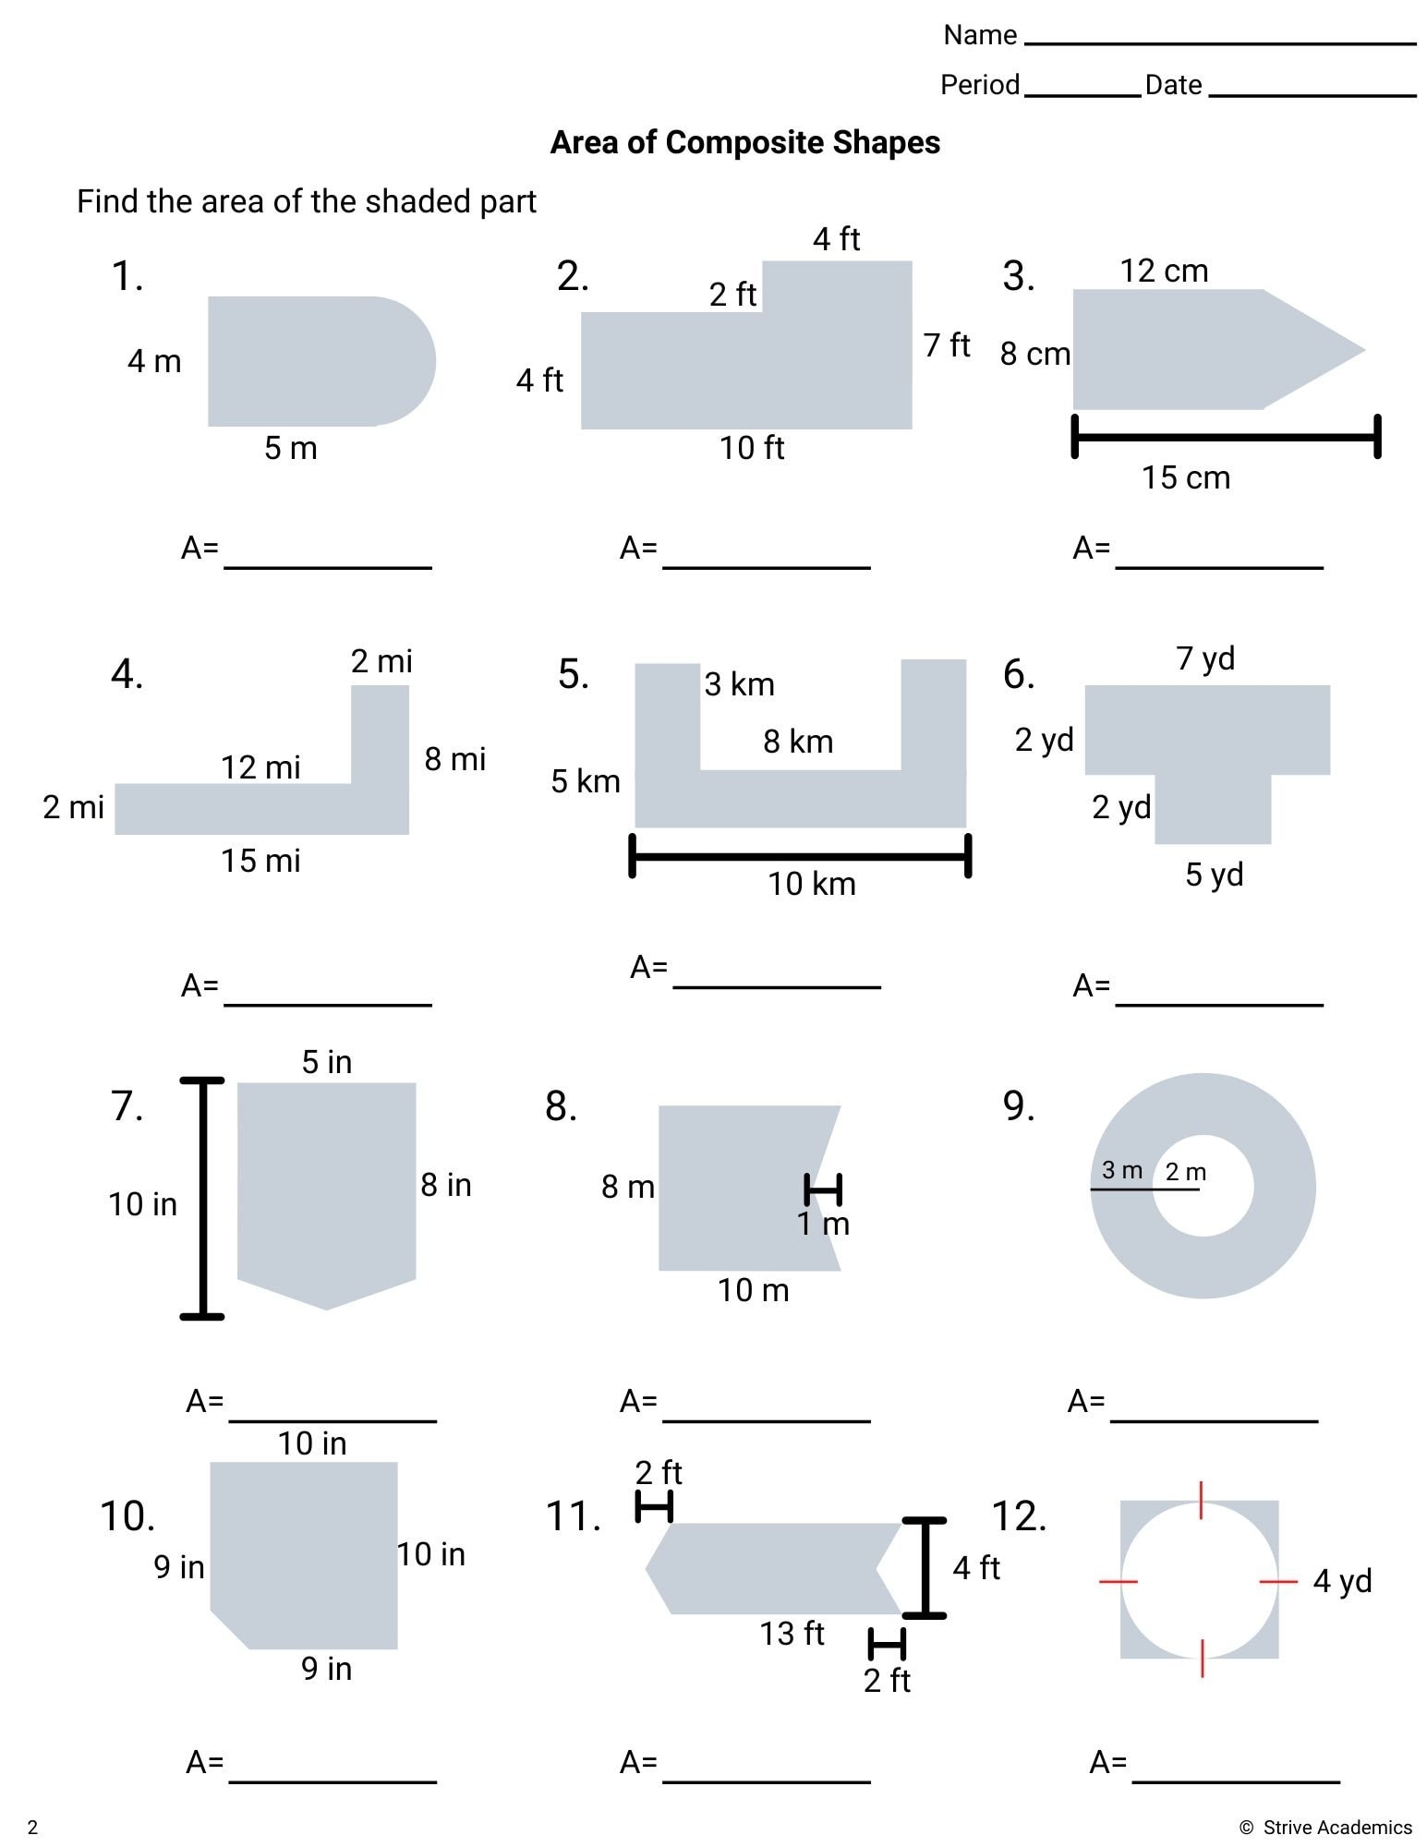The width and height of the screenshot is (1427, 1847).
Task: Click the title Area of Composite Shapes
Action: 744,142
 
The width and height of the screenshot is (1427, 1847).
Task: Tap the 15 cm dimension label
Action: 1185,477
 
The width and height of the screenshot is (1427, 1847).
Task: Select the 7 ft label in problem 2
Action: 947,345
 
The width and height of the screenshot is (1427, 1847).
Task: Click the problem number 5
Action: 573,674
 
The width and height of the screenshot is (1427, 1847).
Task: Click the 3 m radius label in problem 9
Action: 1121,1170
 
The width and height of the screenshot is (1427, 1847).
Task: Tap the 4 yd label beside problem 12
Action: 1341,1580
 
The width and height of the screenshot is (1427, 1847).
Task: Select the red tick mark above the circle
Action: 1201,1500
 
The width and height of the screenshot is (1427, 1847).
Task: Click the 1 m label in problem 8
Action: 823,1225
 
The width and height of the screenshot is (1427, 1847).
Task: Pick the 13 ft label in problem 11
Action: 792,1633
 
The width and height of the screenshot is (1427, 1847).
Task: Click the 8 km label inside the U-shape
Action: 798,742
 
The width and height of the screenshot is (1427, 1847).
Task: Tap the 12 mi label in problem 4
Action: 260,767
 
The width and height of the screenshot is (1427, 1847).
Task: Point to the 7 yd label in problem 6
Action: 1204,658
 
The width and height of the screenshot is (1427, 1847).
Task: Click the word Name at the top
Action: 980,35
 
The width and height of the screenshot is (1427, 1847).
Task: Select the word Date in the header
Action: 1173,85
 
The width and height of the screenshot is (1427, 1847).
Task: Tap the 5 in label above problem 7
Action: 327,1062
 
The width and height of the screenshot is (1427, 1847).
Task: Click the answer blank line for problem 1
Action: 328,565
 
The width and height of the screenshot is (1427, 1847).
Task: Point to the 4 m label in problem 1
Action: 154,361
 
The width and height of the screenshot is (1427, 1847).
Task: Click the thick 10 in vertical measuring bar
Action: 202,1198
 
